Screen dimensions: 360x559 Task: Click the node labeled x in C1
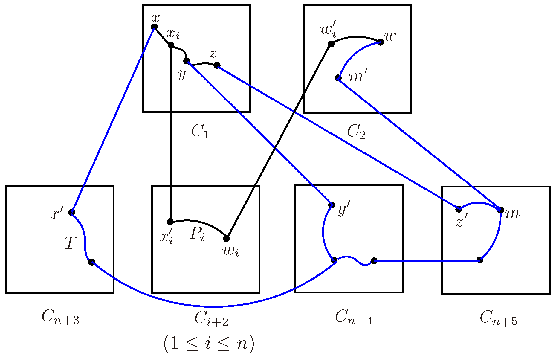click(154, 27)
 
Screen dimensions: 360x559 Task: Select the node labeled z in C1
click(217, 65)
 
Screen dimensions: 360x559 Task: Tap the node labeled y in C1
click(186, 61)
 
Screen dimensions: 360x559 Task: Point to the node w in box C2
click(381, 42)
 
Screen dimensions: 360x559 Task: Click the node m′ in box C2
click(338, 78)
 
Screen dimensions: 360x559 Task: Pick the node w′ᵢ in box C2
click(331, 44)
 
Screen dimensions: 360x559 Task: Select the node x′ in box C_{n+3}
click(72, 213)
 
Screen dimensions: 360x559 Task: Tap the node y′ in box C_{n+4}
click(331, 205)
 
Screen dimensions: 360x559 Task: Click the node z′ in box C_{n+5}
click(459, 209)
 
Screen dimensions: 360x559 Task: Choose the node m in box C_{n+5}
click(501, 210)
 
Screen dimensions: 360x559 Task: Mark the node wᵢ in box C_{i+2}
click(226, 239)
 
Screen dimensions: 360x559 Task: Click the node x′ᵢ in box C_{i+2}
click(170, 222)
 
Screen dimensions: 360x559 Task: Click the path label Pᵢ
click(197, 234)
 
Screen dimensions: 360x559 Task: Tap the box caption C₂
click(356, 131)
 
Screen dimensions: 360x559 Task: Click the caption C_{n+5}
click(498, 318)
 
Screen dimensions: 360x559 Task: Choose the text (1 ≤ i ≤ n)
click(209, 344)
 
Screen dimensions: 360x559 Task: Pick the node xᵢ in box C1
click(171, 45)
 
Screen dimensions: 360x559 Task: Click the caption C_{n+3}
click(60, 317)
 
